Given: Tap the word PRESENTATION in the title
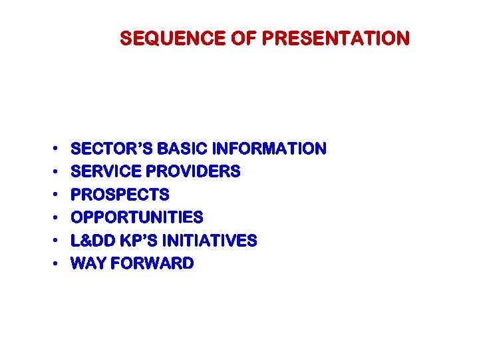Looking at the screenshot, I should [335, 39].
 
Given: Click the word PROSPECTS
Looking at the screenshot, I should [120, 195].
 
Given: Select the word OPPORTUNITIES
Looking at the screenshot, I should [136, 218].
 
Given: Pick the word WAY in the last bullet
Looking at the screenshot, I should [88, 264].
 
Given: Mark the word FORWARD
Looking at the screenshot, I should [152, 264].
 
